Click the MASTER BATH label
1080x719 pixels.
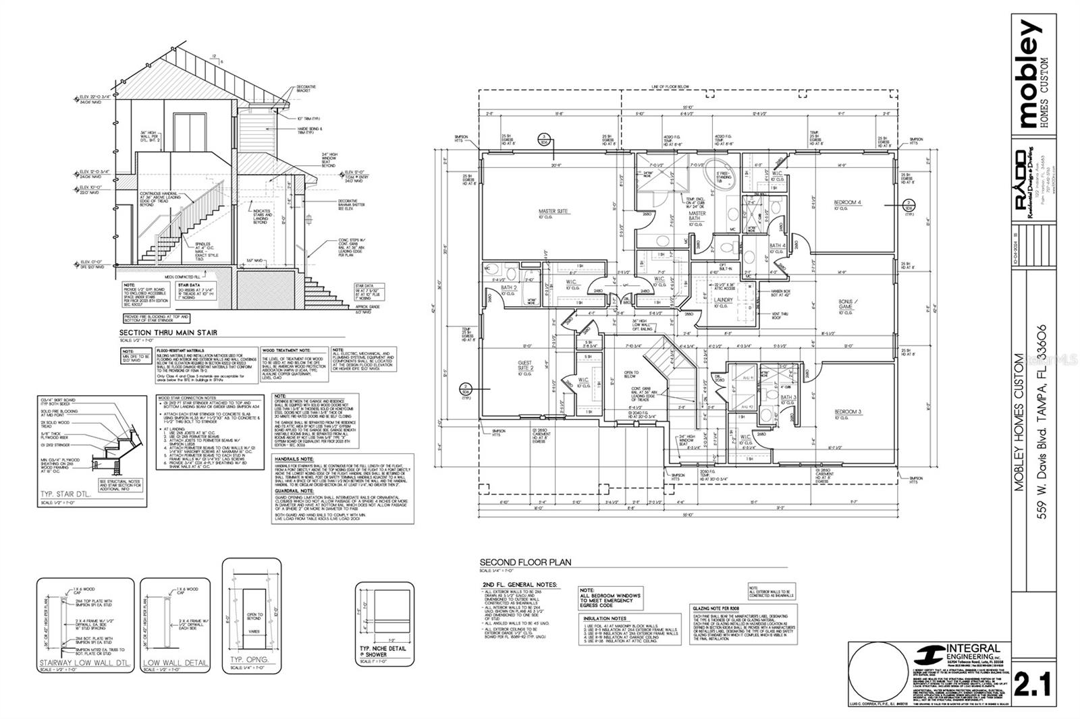pyautogui.click(x=697, y=216)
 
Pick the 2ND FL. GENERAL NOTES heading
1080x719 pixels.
pyautogui.click(x=520, y=585)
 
